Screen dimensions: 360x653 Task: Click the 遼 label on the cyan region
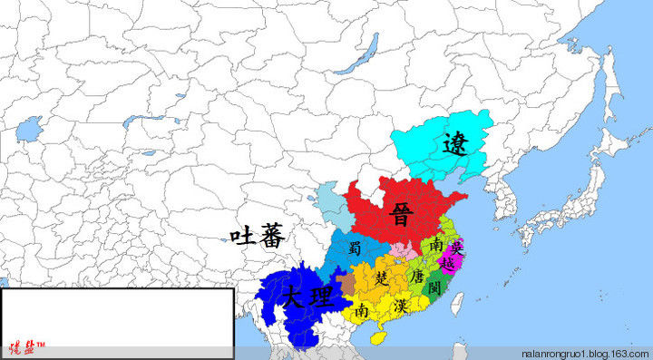click(455, 143)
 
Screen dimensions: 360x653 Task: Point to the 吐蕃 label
click(257, 238)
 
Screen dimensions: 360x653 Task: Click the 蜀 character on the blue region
click(356, 248)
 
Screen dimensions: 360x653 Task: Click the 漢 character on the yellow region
click(400, 306)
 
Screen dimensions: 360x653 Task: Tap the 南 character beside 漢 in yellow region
click(362, 310)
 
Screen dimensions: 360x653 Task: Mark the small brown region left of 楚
click(347, 284)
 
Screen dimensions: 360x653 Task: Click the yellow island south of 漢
click(378, 336)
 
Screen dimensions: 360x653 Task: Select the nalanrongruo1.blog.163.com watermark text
click(585, 352)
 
